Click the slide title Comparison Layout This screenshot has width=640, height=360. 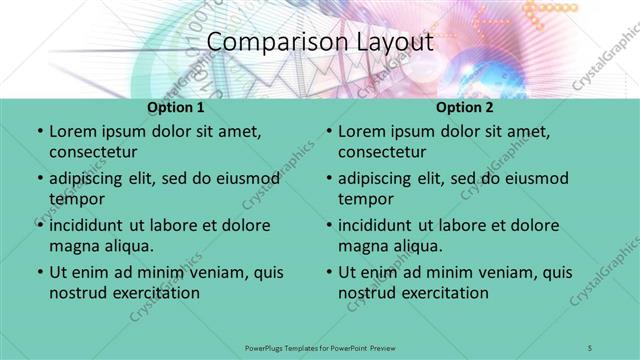coord(320,43)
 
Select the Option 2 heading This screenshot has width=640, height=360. coord(464,107)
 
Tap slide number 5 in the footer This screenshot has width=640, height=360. coord(591,347)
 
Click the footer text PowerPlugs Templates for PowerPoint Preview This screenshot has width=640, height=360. coord(319,347)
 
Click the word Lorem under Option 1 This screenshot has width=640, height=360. coord(72,132)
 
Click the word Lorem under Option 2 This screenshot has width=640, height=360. coord(361,132)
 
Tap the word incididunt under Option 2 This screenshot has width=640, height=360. coord(383,225)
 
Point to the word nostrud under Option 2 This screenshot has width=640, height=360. coord(369,293)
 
